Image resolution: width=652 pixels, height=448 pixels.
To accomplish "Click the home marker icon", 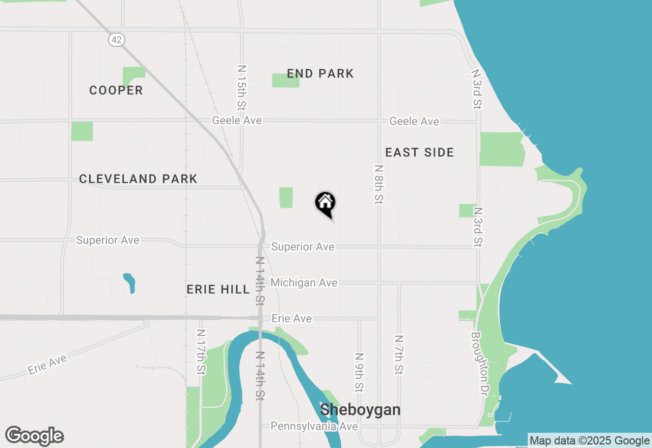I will pos(325,204).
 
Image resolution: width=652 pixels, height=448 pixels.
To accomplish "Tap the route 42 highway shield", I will pos(117,40).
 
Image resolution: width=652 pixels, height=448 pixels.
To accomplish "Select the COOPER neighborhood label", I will pos(116,91).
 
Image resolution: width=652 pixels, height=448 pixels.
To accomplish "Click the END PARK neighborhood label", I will pos(320,74).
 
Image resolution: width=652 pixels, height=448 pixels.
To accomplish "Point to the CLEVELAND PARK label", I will pos(138,179).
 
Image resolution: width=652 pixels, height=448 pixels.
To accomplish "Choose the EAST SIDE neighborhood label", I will pos(419,153).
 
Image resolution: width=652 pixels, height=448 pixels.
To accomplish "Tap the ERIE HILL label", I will pos(218,290).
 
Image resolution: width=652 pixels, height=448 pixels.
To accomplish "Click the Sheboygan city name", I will pos(360,410).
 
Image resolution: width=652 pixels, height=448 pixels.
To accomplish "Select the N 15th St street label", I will pos(242,88).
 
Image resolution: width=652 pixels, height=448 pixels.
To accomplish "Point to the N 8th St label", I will pos(378,184).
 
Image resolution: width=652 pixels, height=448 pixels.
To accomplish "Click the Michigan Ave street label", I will pos(304,283).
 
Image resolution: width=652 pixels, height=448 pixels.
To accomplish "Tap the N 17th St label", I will pos(201,352).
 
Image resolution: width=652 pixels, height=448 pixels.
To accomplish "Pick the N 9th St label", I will pos(359,373).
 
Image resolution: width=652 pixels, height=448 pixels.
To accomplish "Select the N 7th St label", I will pos(399,355).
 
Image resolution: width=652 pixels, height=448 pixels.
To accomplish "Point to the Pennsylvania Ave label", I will pos(314,426).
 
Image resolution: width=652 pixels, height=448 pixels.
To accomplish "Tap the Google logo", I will pos(35,436).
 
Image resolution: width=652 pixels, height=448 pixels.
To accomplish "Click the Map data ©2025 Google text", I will pos(589,441).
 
